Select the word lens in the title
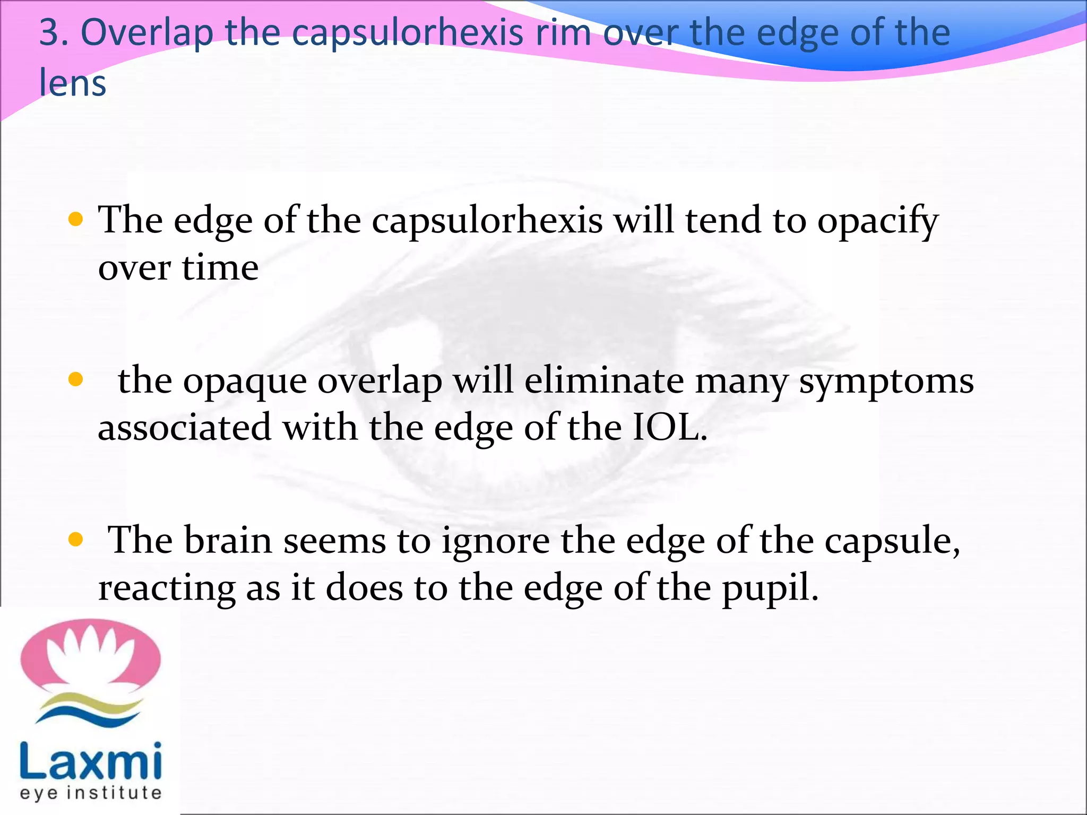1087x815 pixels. click(x=73, y=83)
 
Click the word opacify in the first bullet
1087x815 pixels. click(x=878, y=222)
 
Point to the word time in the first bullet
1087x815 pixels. click(x=220, y=267)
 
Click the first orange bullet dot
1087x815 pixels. click(x=76, y=219)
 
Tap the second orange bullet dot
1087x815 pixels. click(x=76, y=379)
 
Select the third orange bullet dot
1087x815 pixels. click(x=76, y=540)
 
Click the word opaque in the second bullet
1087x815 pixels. click(x=245, y=382)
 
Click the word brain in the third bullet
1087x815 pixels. click(x=228, y=540)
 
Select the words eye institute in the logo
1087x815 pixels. click(x=91, y=793)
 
